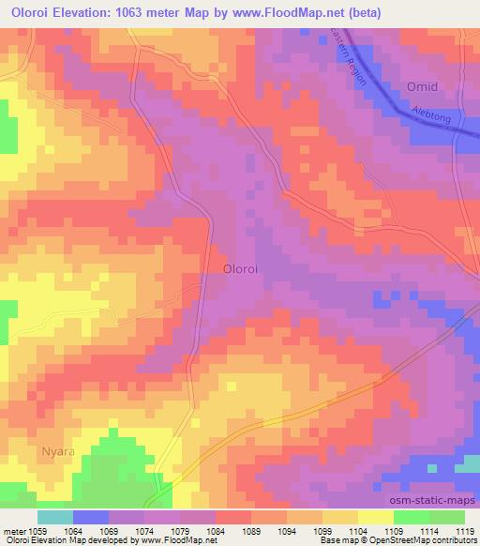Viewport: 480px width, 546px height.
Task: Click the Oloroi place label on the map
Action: [242, 268]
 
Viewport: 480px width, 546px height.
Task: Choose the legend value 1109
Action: [395, 530]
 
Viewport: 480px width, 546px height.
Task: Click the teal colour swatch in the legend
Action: [55, 517]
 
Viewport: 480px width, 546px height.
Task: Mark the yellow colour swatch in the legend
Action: [375, 517]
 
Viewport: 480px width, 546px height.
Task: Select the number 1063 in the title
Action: [163, 12]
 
